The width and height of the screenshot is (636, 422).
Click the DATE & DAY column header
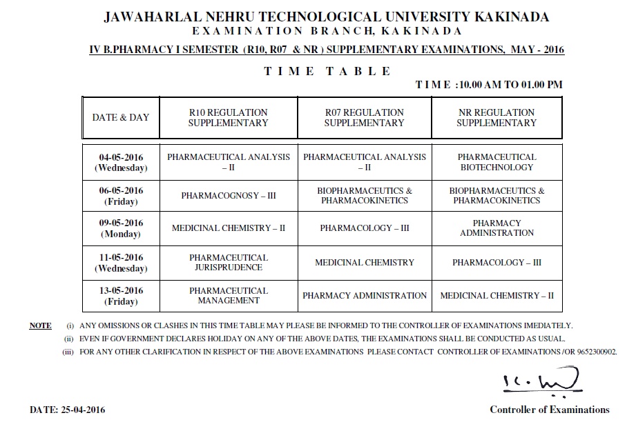tap(121, 117)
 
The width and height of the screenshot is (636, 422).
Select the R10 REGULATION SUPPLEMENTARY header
tap(228, 117)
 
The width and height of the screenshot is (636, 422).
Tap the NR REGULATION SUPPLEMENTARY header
tap(497, 117)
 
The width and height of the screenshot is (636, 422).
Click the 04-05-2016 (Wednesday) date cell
tap(121, 162)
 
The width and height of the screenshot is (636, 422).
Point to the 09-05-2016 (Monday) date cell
tap(121, 228)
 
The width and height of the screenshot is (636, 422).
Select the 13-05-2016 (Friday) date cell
tap(121, 296)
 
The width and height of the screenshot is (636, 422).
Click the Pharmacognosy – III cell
tap(229, 196)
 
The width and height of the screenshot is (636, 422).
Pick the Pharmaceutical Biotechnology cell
tap(497, 162)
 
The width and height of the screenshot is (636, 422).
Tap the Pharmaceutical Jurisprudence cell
tap(229, 262)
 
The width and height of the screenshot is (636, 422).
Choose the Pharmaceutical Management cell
tap(229, 295)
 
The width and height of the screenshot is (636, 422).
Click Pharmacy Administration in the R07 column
tap(365, 296)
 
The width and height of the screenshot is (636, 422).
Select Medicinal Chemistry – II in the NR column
tap(497, 296)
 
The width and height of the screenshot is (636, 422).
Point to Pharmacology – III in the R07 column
tap(365, 228)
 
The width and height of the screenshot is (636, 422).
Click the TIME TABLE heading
tap(327, 71)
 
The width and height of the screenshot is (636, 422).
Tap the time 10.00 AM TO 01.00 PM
tap(510, 85)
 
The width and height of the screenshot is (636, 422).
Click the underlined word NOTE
tap(40, 325)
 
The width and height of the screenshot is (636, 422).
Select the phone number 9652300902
tap(596, 352)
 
